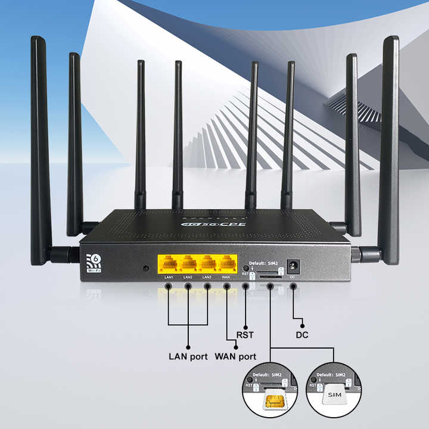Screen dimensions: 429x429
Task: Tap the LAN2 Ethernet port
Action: pyautogui.click(x=188, y=264)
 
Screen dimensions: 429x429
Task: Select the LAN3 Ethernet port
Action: pyautogui.click(x=207, y=264)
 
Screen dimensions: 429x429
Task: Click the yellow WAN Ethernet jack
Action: pyautogui.click(x=226, y=264)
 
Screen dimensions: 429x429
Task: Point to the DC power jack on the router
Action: pyautogui.click(x=293, y=266)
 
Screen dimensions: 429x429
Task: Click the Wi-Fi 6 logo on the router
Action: pyautogui.click(x=94, y=263)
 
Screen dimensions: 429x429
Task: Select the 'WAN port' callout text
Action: pyautogui.click(x=236, y=357)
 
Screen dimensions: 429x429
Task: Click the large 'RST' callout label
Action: pyautogui.click(x=245, y=335)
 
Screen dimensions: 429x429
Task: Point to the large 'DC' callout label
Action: pyautogui.click(x=302, y=335)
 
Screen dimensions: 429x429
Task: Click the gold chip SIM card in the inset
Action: pyautogui.click(x=273, y=402)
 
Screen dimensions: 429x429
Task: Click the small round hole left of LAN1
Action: pyautogui.click(x=146, y=268)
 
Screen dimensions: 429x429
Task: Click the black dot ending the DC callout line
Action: pyautogui.click(x=302, y=325)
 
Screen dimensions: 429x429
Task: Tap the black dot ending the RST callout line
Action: pyautogui.click(x=245, y=325)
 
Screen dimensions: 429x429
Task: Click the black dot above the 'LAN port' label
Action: pyautogui.click(x=188, y=347)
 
